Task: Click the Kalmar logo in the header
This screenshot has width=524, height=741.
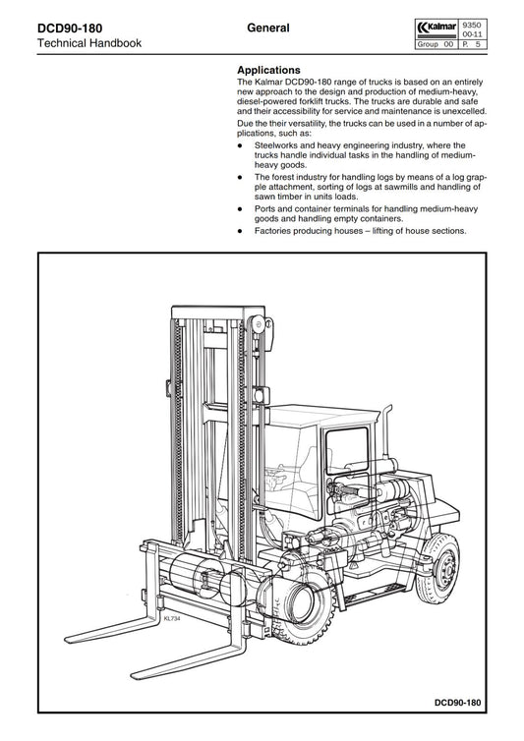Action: point(437,28)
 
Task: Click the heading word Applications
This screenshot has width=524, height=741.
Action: point(268,70)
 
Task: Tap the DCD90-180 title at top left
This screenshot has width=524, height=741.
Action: point(70,28)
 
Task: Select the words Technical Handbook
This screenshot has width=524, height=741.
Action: point(89,43)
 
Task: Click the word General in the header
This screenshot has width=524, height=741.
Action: point(268,28)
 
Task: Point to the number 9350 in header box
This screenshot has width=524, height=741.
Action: point(472,26)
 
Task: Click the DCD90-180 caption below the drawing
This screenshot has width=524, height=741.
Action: point(457,703)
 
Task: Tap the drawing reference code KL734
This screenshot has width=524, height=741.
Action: point(172,618)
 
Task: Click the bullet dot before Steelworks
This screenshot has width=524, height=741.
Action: point(240,146)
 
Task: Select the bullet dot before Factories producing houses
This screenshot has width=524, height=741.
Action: point(240,232)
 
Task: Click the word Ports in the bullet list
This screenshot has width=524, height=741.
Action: point(264,209)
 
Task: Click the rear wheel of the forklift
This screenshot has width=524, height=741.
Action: point(437,568)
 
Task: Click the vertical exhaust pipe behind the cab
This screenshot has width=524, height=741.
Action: point(386,430)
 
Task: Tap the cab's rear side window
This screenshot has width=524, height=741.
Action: point(347,450)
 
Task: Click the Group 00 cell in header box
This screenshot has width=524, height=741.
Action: point(436,44)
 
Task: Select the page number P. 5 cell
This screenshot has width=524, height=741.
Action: point(472,44)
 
